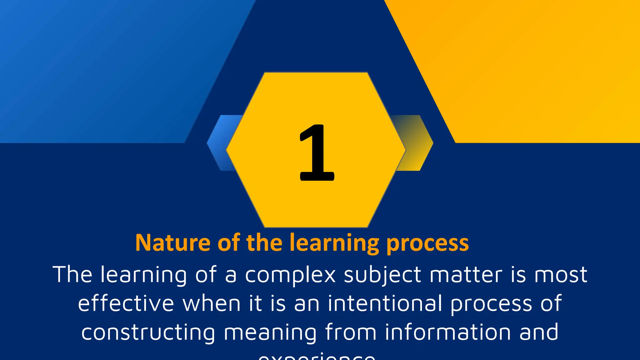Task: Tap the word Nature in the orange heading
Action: point(173,243)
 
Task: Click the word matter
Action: point(466,274)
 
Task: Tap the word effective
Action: point(126,303)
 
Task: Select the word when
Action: point(212,303)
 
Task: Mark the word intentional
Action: point(385,303)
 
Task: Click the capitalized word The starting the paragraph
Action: point(72,274)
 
